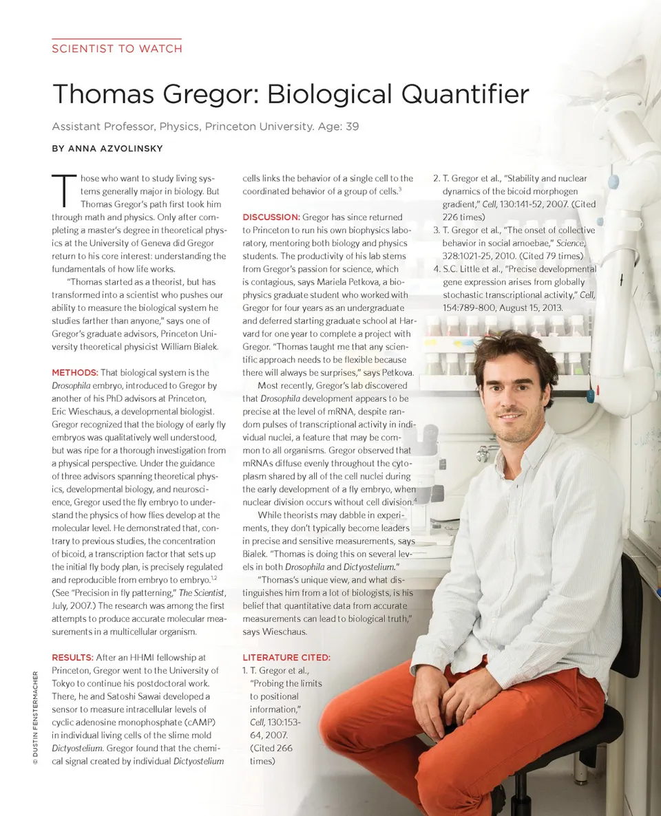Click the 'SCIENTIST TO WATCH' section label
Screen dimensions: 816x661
pyautogui.click(x=117, y=49)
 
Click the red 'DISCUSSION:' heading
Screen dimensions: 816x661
pyautogui.click(x=271, y=217)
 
